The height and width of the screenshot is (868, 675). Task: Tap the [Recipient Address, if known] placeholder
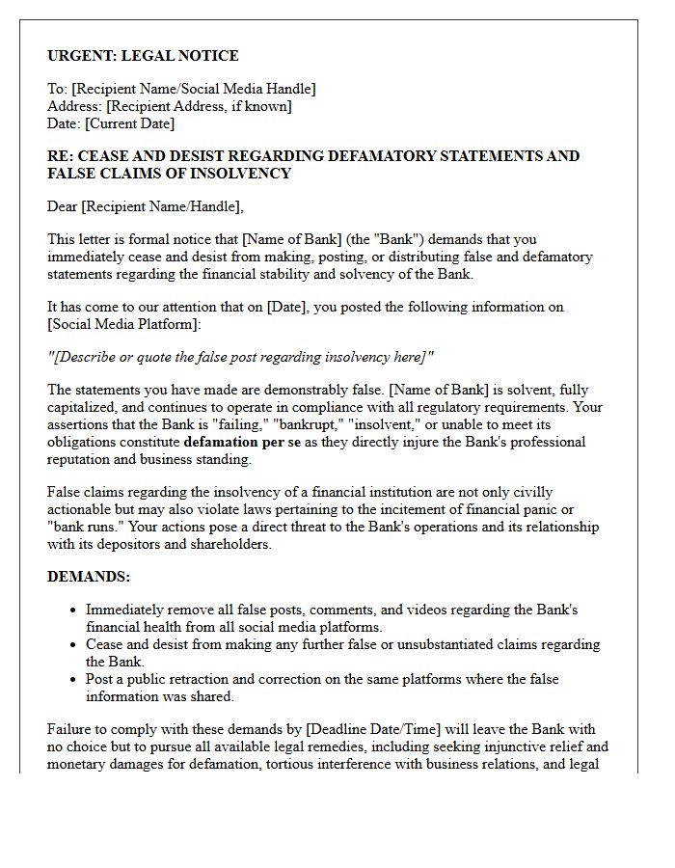[199, 106]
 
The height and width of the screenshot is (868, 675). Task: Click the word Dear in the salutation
[63, 206]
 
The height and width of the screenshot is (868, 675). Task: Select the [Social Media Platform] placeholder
[122, 324]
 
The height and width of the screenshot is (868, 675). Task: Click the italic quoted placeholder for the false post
[240, 358]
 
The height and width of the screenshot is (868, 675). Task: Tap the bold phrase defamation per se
[242, 442]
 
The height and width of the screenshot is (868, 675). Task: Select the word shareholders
[229, 544]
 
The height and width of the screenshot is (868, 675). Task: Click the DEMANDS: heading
[89, 577]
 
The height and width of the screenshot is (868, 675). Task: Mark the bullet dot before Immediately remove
[74, 610]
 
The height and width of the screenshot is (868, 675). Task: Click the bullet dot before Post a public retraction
[74, 680]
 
